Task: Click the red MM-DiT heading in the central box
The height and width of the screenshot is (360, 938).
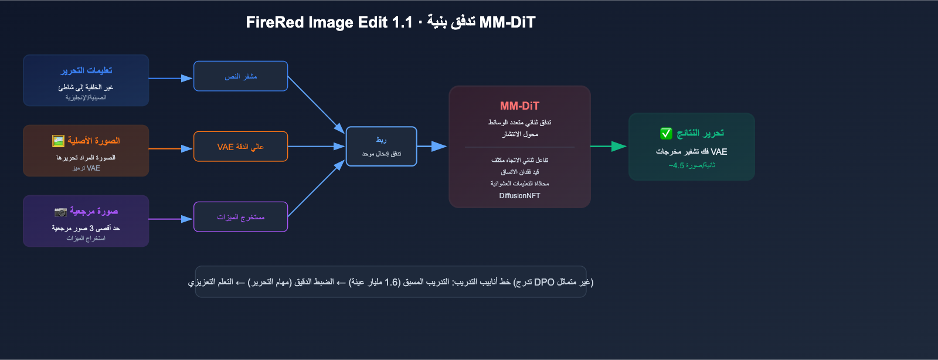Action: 519,106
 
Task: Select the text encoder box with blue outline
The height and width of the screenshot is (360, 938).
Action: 240,76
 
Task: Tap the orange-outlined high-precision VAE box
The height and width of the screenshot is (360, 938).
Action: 240,147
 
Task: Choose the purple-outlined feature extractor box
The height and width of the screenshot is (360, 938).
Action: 240,217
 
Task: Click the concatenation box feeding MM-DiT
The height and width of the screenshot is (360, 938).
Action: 381,147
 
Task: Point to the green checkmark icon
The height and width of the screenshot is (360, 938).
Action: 666,134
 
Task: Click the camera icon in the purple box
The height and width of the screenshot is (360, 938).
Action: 60,212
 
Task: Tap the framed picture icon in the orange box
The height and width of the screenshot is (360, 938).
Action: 58,141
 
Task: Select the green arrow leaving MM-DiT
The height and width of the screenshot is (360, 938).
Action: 609,147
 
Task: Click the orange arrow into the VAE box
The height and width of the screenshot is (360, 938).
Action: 171,148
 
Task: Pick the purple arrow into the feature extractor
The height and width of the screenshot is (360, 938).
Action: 171,219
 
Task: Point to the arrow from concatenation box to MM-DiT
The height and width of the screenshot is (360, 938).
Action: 431,147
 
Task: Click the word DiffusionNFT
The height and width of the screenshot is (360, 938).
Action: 519,195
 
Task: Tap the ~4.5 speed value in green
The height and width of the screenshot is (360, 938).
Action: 677,166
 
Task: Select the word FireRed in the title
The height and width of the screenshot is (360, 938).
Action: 275,22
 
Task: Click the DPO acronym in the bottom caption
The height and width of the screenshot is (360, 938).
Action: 545,282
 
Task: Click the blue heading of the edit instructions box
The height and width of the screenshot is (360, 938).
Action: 86,70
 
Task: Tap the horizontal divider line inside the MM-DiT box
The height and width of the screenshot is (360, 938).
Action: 519,147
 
